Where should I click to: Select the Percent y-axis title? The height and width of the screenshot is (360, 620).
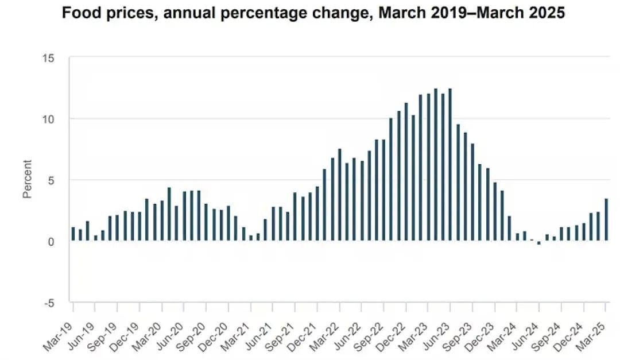coord(27,179)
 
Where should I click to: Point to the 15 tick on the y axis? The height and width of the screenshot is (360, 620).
coord(48,59)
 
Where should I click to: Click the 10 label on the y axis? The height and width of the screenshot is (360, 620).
coord(48,119)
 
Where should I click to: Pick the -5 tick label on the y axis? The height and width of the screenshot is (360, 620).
coord(49,303)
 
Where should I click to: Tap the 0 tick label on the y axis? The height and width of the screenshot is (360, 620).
coord(51,242)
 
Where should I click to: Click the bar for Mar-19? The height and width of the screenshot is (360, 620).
coord(73,234)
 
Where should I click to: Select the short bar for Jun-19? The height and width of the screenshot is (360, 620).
coord(95,238)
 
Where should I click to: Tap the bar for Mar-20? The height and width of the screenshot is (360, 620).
coord(162,220)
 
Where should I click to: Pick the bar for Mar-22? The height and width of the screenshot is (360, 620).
coord(340,195)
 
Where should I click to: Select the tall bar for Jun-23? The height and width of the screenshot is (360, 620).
coord(450,165)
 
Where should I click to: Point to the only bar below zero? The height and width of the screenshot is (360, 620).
coord(539,242)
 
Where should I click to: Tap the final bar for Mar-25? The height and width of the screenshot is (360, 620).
coord(606,219)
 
